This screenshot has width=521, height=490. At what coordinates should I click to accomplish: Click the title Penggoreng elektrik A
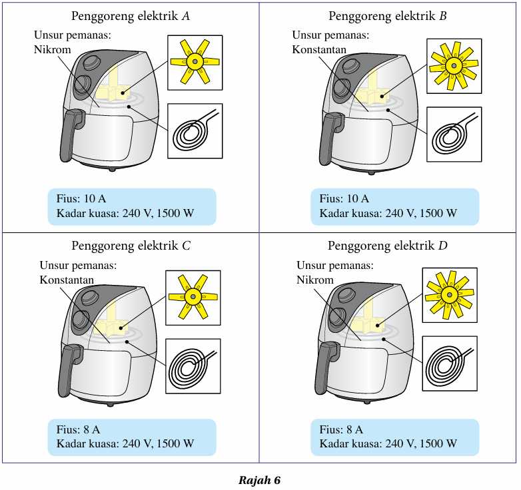[x=131, y=16]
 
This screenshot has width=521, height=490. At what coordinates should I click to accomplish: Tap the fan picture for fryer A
[x=195, y=62]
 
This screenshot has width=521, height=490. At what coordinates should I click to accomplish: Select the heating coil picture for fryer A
[x=195, y=131]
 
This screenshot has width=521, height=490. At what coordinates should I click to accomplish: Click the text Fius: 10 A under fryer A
[x=81, y=198]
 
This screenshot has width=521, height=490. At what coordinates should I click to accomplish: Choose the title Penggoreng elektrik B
[x=387, y=16]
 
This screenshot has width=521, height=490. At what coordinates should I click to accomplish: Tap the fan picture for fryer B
[x=453, y=65]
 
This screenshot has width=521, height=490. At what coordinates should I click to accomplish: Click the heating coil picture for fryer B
[x=453, y=134]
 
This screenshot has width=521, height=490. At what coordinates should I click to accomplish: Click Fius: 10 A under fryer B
[x=344, y=198]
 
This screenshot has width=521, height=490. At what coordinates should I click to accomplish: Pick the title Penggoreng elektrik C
[x=131, y=246]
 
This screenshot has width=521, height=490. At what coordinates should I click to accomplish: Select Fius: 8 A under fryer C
[x=79, y=429]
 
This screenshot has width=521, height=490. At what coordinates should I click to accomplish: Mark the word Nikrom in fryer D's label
[x=314, y=280]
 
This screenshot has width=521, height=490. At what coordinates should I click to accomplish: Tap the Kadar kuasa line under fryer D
[x=388, y=443]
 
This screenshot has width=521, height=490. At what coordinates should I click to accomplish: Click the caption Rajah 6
[x=260, y=480]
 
